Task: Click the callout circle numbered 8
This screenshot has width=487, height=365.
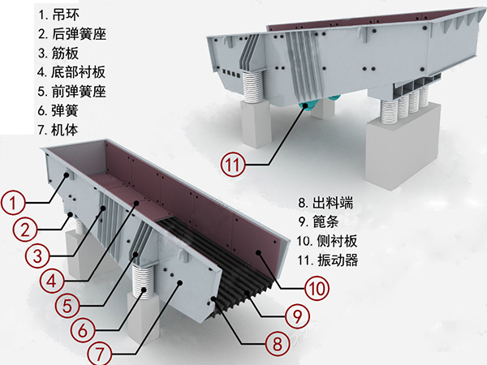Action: pos(277,343)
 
